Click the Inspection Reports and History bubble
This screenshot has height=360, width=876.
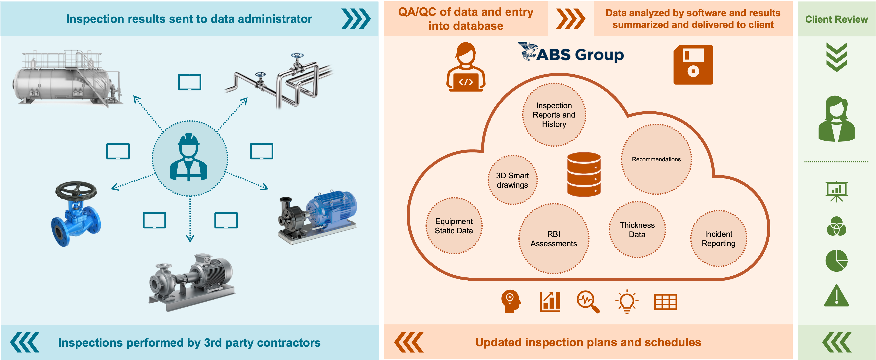pos(554,115)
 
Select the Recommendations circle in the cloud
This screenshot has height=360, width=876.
pos(656,159)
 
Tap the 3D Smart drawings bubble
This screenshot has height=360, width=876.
pos(512,180)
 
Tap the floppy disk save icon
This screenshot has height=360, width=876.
pos(693,65)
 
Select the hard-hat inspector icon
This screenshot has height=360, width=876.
pos(189,158)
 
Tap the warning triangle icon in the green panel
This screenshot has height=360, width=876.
pos(836,296)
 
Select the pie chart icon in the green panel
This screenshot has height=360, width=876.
pos(836,261)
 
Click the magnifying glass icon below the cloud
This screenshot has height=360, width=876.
pos(588,301)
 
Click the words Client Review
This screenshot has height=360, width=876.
pos(836,19)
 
